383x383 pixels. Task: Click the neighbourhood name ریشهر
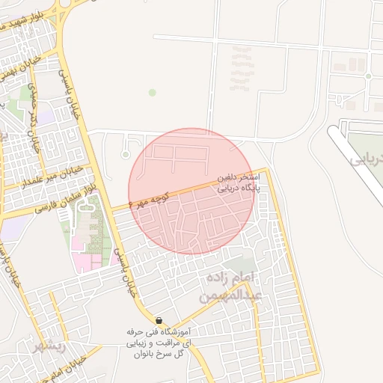pos(49,347)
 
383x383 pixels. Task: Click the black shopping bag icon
pos(158,320)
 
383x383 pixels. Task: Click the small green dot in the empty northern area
pos(153,93)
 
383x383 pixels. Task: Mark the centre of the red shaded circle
pos(193,191)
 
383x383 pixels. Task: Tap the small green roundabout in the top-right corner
pos(368,76)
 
